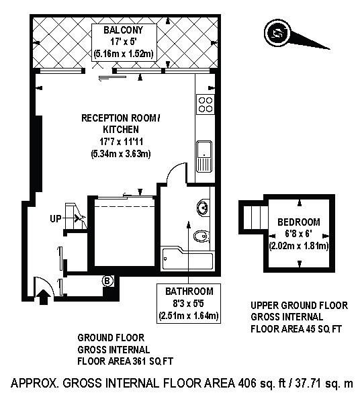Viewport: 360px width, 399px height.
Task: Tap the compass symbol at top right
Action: (277, 33)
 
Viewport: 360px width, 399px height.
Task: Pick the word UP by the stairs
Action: (56, 219)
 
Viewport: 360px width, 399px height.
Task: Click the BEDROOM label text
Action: (298, 222)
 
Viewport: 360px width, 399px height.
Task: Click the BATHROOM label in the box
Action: (189, 292)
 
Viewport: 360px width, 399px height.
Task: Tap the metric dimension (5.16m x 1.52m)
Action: (124, 54)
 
